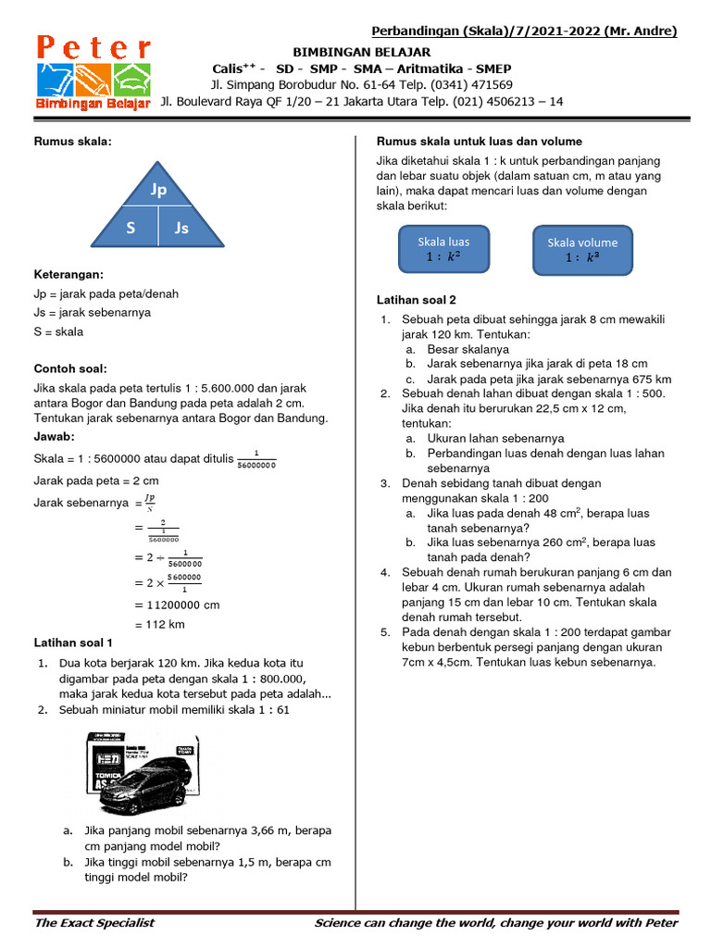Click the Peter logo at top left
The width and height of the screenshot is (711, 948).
pyautogui.click(x=94, y=73)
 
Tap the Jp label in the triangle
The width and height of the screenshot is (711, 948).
pyautogui.click(x=157, y=190)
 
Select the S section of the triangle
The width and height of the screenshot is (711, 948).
pyautogui.click(x=131, y=227)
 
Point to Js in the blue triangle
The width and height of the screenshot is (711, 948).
pyautogui.click(x=181, y=227)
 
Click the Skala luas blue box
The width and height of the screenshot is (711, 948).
pyautogui.click(x=443, y=249)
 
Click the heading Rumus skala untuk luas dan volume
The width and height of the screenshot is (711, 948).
pyautogui.click(x=479, y=141)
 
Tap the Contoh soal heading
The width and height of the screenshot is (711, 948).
pyautogui.click(x=70, y=368)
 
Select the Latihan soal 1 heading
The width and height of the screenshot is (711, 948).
pyautogui.click(x=73, y=642)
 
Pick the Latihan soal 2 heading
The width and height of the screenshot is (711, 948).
pyautogui.click(x=416, y=300)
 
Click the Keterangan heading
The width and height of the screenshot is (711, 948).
pyautogui.click(x=69, y=274)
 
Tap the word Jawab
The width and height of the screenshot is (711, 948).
pyautogui.click(x=54, y=436)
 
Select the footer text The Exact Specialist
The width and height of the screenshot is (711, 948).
pyautogui.click(x=94, y=922)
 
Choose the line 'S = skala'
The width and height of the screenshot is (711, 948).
pyautogui.click(x=58, y=331)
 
